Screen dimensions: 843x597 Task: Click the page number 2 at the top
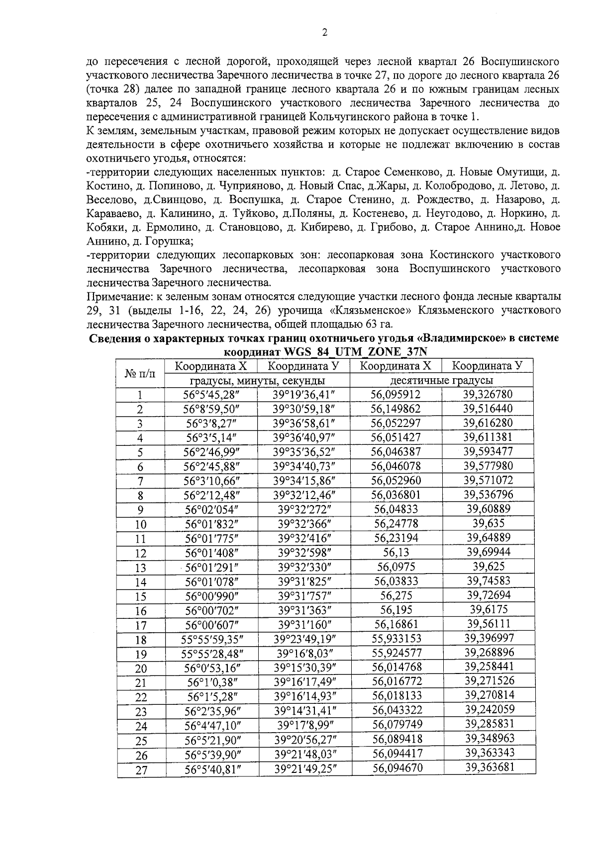click(x=325, y=33)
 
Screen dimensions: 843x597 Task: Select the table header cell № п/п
click(x=140, y=374)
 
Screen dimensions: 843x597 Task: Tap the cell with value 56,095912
click(x=396, y=395)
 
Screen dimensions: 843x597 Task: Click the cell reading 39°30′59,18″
click(x=304, y=409)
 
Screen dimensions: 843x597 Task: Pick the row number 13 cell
click(x=140, y=568)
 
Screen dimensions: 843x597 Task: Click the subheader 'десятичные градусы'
click(x=441, y=381)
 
